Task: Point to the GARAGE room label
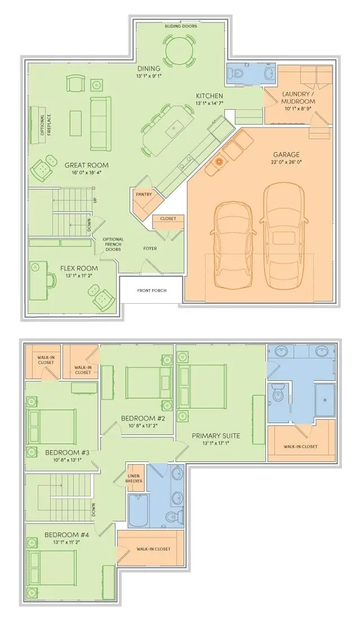pyautogui.click(x=286, y=154)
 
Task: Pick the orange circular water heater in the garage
pyautogui.click(x=220, y=161)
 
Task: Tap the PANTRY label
pyautogui.click(x=143, y=194)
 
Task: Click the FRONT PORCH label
pyautogui.click(x=151, y=291)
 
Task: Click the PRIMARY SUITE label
pyautogui.click(x=216, y=435)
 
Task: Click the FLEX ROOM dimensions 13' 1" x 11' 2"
pyautogui.click(x=79, y=277)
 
